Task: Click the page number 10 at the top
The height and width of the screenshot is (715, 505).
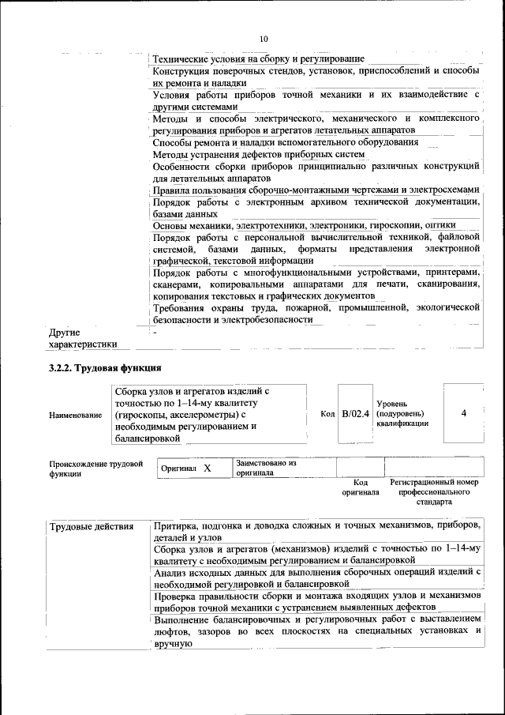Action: coord(264,38)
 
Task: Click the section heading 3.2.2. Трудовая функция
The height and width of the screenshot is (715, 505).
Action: coord(105,367)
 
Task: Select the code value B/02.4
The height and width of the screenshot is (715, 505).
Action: coord(356,413)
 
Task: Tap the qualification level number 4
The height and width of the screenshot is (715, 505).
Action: coord(463,412)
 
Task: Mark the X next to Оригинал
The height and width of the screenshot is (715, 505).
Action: coord(208,468)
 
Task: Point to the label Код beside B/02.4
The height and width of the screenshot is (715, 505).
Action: coord(327,413)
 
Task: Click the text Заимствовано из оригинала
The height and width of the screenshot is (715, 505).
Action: coord(265,468)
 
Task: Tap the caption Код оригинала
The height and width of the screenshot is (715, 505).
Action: coord(361,487)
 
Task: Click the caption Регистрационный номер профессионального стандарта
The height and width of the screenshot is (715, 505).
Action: coord(435,491)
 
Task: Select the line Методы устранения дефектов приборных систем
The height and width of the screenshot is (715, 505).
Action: coord(248,154)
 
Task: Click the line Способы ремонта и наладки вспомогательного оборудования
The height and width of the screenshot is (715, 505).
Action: coord(285,142)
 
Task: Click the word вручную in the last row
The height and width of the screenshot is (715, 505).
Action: coord(174,645)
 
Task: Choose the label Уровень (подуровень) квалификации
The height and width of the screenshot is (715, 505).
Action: coord(405,413)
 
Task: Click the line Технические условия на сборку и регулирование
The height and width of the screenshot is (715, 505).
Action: coord(258,58)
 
